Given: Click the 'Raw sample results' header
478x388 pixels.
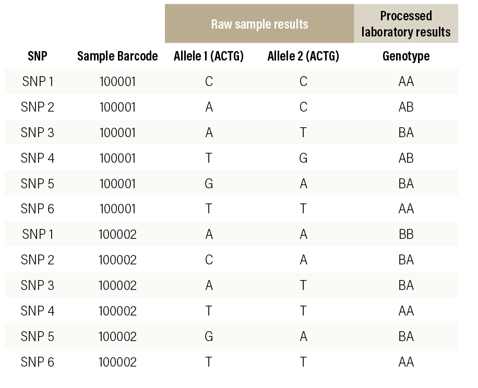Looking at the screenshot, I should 259,24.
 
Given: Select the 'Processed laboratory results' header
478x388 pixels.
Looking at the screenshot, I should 405,24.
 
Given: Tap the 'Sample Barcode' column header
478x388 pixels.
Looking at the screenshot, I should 117,56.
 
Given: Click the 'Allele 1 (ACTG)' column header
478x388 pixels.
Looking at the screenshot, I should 209,56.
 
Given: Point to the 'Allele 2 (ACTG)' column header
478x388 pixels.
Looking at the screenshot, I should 303,56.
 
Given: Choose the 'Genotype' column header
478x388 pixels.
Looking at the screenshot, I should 405,56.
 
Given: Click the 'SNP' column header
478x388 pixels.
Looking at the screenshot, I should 38,56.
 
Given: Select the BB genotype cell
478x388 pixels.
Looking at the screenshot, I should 405,234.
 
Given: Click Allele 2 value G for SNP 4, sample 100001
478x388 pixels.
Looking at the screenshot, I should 303,158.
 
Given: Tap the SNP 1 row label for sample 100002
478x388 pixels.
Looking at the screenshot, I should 38,234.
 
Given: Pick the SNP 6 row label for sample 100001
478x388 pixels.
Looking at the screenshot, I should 38,209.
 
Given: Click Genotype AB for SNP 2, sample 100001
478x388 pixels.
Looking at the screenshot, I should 405,107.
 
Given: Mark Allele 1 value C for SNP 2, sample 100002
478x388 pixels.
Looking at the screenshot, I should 209,260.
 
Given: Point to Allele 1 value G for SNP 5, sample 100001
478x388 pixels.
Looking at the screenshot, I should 209,184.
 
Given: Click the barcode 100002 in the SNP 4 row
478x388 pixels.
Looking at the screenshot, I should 117,311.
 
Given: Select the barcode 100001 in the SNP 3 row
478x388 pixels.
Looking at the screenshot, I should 117,132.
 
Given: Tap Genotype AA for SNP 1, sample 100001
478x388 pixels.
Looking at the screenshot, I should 405,82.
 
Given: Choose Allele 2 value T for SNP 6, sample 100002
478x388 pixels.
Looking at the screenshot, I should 303,361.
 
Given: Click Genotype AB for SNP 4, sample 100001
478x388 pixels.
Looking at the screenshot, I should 405,158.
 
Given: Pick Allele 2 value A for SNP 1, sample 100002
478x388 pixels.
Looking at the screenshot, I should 303,234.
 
